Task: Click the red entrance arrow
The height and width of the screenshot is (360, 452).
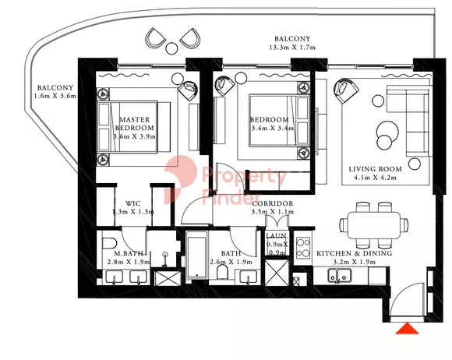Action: [405, 330]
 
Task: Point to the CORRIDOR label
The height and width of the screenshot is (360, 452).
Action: [271, 203]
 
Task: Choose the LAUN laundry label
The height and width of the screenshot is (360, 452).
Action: [277, 235]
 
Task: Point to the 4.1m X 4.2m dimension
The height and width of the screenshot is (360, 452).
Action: [375, 178]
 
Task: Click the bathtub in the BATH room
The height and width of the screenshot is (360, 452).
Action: [197, 259]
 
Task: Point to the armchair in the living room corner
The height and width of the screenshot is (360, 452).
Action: [341, 92]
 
